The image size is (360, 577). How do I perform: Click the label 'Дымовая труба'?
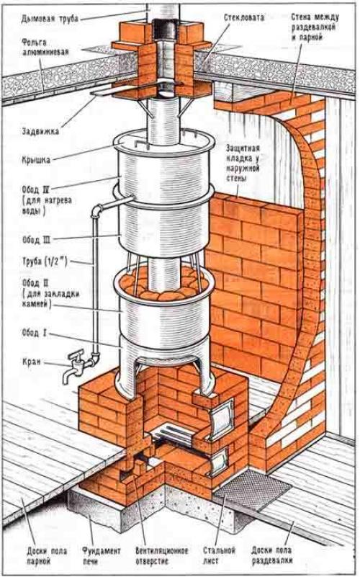pyautogui.click(x=50, y=18)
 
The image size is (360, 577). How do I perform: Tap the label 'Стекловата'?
pyautogui.click(x=244, y=17)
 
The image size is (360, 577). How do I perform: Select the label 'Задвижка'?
pyautogui.click(x=40, y=131)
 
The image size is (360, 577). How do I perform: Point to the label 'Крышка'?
pyautogui.click(x=35, y=160)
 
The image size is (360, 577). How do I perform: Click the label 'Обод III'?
pyautogui.click(x=36, y=240)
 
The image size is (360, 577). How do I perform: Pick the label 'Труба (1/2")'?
pyautogui.click(x=45, y=262)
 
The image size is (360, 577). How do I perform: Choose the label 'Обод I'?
pyautogui.click(x=34, y=334)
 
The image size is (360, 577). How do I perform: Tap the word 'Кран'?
pyautogui.click(x=32, y=362)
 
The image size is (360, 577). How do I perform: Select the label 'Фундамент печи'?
pyautogui.click(x=101, y=556)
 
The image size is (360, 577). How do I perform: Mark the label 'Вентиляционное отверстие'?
pyautogui.click(x=162, y=556)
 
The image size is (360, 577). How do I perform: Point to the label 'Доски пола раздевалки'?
pyautogui.click(x=271, y=555)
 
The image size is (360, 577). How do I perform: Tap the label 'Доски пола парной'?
pyautogui.click(x=47, y=556)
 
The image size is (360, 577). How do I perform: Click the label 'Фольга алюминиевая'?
pyautogui.click(x=45, y=47)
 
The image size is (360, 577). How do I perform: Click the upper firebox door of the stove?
pyautogui.click(x=221, y=419)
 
